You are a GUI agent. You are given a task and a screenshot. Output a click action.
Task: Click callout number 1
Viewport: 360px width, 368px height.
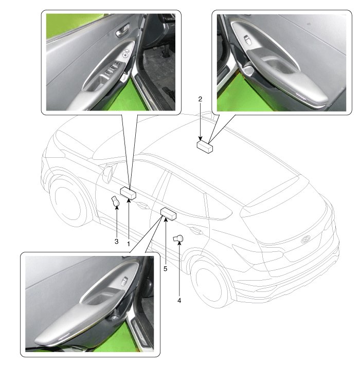click(129, 244)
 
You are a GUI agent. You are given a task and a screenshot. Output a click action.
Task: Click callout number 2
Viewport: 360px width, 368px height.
click(200, 99)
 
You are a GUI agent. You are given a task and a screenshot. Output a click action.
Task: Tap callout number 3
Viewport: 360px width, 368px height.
click(116, 241)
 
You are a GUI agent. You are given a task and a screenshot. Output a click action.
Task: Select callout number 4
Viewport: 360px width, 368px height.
click(179, 300)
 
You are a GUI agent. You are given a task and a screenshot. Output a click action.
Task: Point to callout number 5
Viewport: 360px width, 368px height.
click(165, 269)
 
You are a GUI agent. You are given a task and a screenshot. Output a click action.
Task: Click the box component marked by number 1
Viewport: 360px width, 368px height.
click(128, 193)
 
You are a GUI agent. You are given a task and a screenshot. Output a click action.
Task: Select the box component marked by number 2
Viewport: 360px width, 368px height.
click(205, 146)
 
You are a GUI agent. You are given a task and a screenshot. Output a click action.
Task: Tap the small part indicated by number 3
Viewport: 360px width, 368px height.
click(115, 201)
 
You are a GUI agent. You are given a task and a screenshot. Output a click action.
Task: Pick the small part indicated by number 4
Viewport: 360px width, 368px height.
click(178, 238)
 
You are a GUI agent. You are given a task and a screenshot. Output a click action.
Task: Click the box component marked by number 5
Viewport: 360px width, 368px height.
click(168, 214)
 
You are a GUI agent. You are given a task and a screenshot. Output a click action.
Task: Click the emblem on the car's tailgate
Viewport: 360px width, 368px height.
click(306, 239)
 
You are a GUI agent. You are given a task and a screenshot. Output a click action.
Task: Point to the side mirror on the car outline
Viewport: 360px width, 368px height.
click(109, 173)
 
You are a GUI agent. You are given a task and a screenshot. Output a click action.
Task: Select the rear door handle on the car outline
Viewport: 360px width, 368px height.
click(196, 231)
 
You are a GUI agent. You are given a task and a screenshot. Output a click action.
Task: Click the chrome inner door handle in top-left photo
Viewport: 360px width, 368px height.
click(122, 30)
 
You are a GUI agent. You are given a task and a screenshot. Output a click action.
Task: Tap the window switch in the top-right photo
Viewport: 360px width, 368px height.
click(248, 40)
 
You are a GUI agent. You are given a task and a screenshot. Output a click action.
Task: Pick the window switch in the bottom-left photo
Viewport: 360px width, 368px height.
click(124, 281)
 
